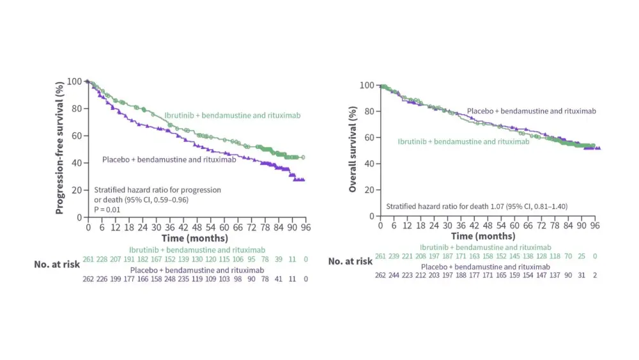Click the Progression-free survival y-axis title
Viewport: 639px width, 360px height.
(59, 147)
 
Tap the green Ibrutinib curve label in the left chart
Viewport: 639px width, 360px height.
(232, 116)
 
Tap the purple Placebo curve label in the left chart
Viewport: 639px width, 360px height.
(169, 159)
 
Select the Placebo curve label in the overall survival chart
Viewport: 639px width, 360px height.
(531, 111)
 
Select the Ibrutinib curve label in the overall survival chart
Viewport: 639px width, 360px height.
(463, 142)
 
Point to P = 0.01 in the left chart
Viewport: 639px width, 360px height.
(108, 209)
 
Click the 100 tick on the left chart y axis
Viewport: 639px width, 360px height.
(75, 81)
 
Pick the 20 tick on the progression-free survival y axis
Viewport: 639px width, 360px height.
(78, 191)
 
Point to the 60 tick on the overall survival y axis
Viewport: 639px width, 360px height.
(368, 137)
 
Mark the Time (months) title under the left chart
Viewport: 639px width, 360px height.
(194, 238)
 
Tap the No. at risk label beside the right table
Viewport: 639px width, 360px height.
(350, 261)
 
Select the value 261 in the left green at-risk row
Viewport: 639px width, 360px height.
(89, 258)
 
